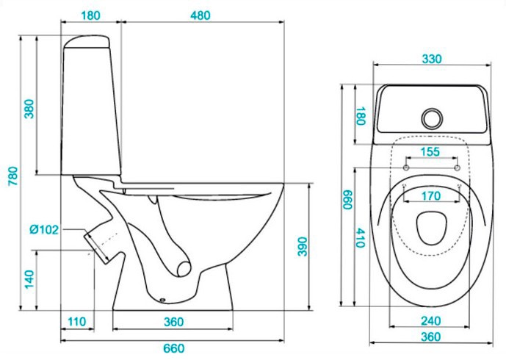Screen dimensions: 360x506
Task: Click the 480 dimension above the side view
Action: pos(200,15)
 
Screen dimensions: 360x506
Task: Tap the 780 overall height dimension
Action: pos(12,175)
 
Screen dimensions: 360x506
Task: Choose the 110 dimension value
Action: pos(77,322)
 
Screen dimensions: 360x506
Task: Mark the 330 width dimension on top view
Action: pos(432,60)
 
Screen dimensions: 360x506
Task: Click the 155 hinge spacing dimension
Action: pos(431,152)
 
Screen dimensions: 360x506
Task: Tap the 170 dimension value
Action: pos(431,196)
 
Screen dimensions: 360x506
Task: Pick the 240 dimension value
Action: pos(431,321)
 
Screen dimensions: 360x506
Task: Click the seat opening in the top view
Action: pos(431,228)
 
